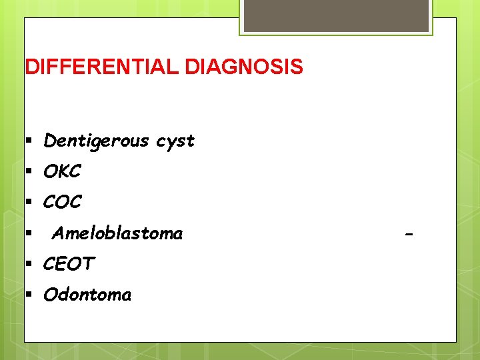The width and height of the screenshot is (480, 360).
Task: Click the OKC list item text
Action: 62,172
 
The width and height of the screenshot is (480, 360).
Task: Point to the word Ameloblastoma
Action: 117,233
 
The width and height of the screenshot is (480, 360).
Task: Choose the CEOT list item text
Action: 69,264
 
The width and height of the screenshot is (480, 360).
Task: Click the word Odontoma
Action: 87,295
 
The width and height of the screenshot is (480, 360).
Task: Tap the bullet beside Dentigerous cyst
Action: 29,141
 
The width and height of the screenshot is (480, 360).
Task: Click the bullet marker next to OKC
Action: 29,172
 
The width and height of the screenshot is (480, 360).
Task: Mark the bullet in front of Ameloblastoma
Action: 29,233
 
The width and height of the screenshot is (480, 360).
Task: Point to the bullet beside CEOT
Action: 29,264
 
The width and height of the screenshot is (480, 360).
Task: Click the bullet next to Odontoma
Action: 29,295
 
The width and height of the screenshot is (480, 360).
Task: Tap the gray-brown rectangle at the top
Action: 335,15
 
